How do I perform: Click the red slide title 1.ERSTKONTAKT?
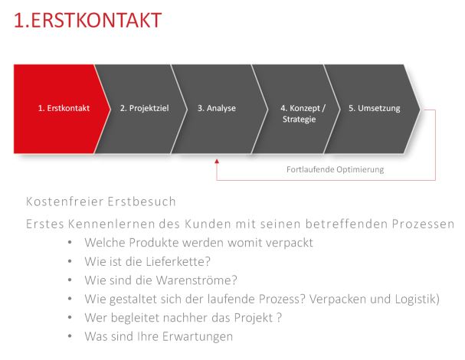pyautogui.click(x=87, y=20)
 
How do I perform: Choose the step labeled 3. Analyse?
pyautogui.click(x=219, y=109)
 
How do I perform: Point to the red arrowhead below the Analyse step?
pyautogui.click(x=217, y=162)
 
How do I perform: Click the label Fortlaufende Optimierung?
pyautogui.click(x=335, y=169)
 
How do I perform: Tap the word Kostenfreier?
pyautogui.click(x=64, y=201)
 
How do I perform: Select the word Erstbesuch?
pyautogui.click(x=142, y=201)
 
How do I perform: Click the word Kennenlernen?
pyautogui.click(x=112, y=224)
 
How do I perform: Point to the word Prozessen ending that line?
pyautogui.click(x=423, y=224)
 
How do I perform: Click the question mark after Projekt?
pyautogui.click(x=279, y=318)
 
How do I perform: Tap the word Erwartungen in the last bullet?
pyautogui.click(x=198, y=337)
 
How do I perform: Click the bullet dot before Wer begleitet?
pyautogui.click(x=70, y=318)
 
